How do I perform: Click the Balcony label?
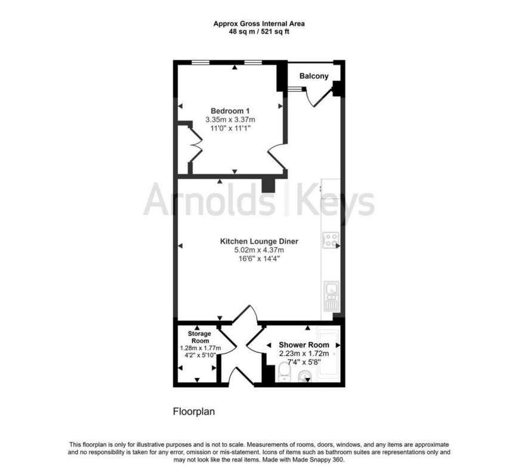coord(313,76)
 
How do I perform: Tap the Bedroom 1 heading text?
coord(230,110)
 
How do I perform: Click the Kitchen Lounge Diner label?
coord(259,241)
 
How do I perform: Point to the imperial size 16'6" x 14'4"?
coord(259,259)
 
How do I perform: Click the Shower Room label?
coord(304,345)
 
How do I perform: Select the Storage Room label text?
coord(200,336)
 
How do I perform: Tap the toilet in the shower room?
coord(284,374)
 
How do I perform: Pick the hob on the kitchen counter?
coord(331,240)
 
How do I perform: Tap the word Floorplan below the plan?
coord(193,411)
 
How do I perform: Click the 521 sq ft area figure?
coord(273,31)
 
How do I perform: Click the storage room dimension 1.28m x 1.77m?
coord(200,348)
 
